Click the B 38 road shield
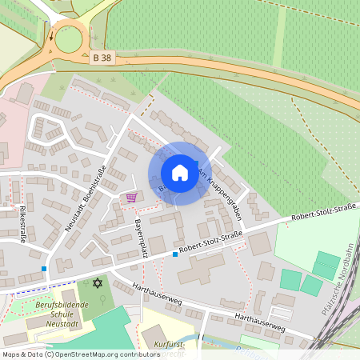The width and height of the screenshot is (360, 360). tap(102, 58)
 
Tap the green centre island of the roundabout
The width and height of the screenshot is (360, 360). tap(68, 38)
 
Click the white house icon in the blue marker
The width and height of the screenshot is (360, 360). tap(180, 172)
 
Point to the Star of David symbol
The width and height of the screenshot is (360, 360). tap(98, 283)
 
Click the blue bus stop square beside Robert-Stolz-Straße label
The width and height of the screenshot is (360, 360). tap(175, 254)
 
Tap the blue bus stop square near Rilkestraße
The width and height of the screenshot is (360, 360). tap(44, 268)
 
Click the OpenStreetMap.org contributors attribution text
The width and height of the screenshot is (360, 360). tap(103, 354)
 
